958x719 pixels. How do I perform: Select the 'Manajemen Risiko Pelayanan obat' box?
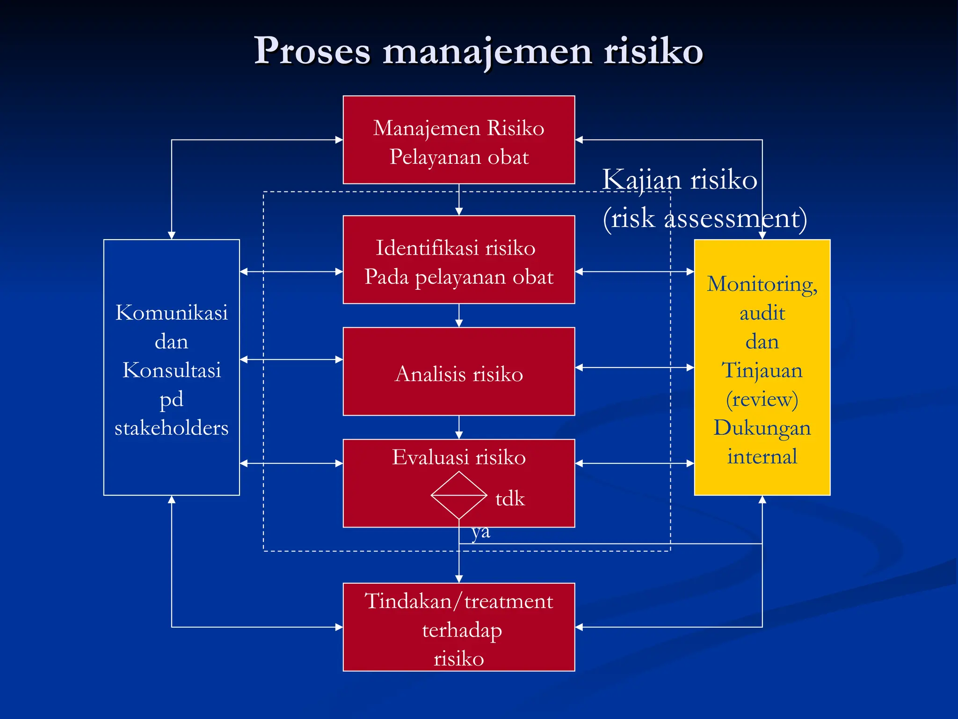tap(458, 140)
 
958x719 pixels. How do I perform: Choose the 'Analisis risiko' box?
tap(458, 372)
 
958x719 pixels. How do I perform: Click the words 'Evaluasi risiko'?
tap(458, 457)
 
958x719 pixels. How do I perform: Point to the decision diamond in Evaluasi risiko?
tap(458, 495)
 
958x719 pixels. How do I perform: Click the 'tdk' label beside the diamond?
tap(510, 499)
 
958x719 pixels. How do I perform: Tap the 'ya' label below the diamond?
tap(481, 532)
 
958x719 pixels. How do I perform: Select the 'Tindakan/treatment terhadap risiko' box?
tap(458, 627)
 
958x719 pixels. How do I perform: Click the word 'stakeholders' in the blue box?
tap(172, 428)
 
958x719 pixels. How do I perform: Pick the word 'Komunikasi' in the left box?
tap(172, 313)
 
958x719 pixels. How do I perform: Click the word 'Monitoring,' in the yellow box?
tap(762, 285)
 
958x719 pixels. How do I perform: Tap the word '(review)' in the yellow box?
tap(762, 399)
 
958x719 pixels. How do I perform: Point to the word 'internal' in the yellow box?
tap(762, 457)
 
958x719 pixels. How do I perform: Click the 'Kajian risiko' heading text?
tap(679, 180)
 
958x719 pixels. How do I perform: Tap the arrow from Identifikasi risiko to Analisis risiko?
tap(459, 315)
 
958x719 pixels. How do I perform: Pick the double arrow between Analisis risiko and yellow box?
tap(634, 368)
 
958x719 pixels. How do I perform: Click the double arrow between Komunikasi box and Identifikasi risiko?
tap(291, 271)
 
